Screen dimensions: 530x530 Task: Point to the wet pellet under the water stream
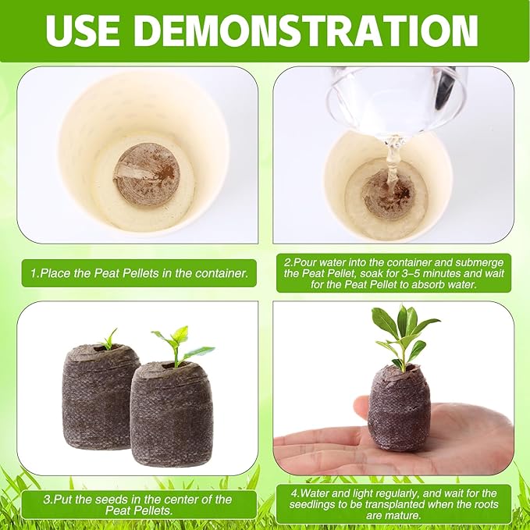(x=388, y=194)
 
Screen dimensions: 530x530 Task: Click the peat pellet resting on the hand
(x=399, y=407)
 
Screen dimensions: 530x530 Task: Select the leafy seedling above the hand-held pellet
(x=402, y=332)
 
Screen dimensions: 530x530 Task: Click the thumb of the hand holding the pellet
(x=361, y=407)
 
